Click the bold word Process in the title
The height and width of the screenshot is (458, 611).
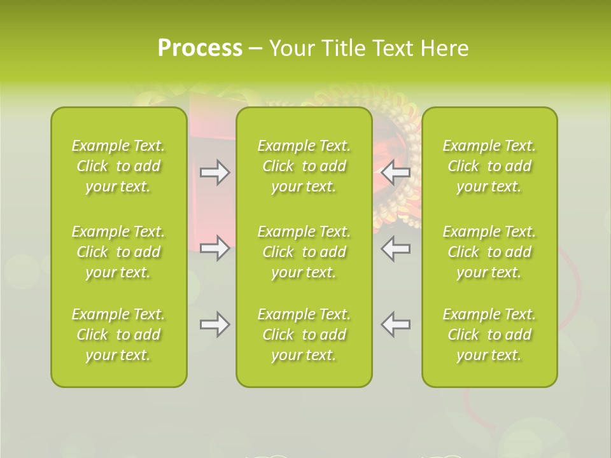click(200, 48)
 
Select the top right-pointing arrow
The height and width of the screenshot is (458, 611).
click(215, 172)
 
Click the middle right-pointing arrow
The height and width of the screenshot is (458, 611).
click(215, 248)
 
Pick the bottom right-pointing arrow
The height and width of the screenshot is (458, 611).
click(215, 324)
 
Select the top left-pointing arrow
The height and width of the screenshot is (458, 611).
click(395, 172)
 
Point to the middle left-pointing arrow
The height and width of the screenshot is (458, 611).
click(395, 248)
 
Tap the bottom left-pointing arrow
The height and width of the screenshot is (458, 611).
click(395, 324)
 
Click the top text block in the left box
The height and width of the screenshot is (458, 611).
click(118, 166)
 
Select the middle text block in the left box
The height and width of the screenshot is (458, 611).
click(118, 252)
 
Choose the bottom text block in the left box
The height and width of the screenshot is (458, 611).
click(118, 335)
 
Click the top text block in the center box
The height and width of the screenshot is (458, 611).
click(304, 166)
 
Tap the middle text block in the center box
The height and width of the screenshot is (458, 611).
click(304, 252)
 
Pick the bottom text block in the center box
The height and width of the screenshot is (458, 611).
click(304, 335)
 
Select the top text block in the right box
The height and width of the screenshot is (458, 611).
click(489, 166)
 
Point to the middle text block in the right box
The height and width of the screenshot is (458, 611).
click(489, 252)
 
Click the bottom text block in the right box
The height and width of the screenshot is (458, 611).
click(489, 335)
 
